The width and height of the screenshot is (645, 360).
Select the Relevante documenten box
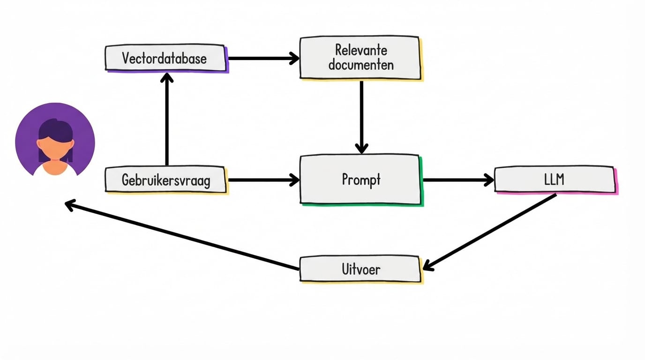point(360,57)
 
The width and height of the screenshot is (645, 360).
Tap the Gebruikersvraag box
point(166,180)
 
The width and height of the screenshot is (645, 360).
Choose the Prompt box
point(360,180)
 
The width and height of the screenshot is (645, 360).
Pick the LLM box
point(555,180)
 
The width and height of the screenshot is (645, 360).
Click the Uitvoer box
point(360,269)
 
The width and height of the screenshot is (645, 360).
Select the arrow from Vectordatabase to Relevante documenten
point(262,58)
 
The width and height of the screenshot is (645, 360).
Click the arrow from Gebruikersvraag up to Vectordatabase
point(166,122)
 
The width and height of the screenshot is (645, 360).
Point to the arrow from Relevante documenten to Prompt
point(361,115)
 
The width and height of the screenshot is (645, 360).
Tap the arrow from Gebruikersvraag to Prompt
point(262,180)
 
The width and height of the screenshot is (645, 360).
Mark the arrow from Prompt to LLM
point(457,180)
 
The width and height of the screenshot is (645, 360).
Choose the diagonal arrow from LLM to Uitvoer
point(490,232)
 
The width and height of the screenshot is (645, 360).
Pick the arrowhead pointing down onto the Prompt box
point(361,148)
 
